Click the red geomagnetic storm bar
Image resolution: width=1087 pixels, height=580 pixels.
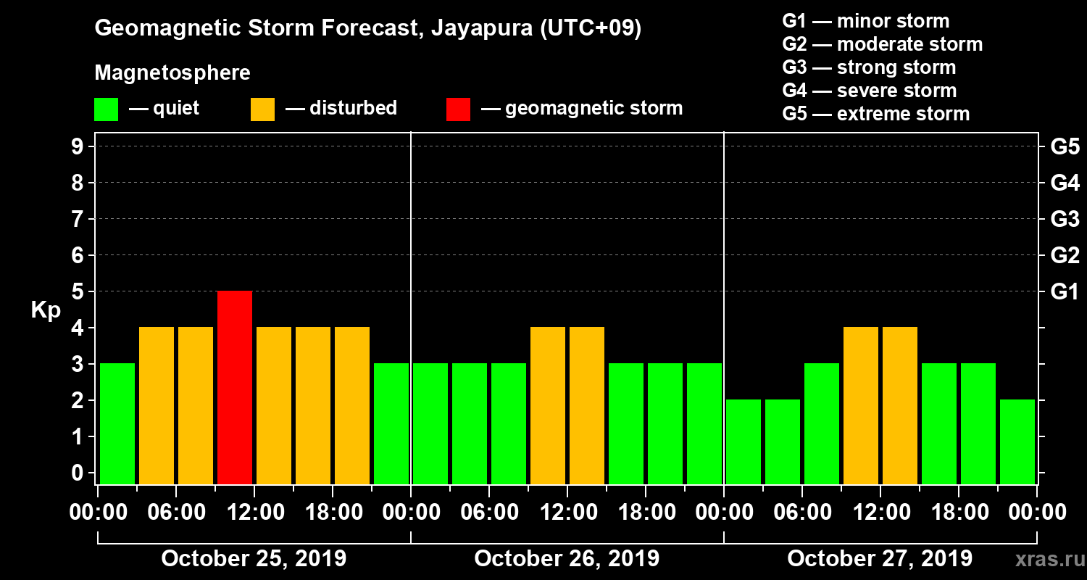coord(235,387)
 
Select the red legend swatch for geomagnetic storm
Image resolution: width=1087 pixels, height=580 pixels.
coord(458,109)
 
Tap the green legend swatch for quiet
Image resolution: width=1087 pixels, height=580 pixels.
coord(107,109)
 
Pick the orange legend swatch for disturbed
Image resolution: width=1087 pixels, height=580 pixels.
coord(262,109)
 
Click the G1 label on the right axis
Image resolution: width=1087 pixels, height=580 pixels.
coord(1065,292)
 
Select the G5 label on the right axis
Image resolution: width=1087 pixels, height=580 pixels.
coord(1065,147)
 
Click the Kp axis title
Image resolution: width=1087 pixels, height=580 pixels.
coord(46,310)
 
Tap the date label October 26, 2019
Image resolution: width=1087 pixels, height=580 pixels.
coord(567,559)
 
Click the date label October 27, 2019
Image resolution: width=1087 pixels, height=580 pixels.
coord(880,559)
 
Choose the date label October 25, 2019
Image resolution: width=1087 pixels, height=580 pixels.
coord(254,559)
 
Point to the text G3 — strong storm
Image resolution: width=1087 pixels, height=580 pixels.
coord(869,67)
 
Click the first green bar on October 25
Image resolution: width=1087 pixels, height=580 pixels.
coord(117,423)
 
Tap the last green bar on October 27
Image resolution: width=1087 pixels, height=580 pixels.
coord(1017,442)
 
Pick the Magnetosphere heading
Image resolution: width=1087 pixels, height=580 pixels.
coord(172,73)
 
